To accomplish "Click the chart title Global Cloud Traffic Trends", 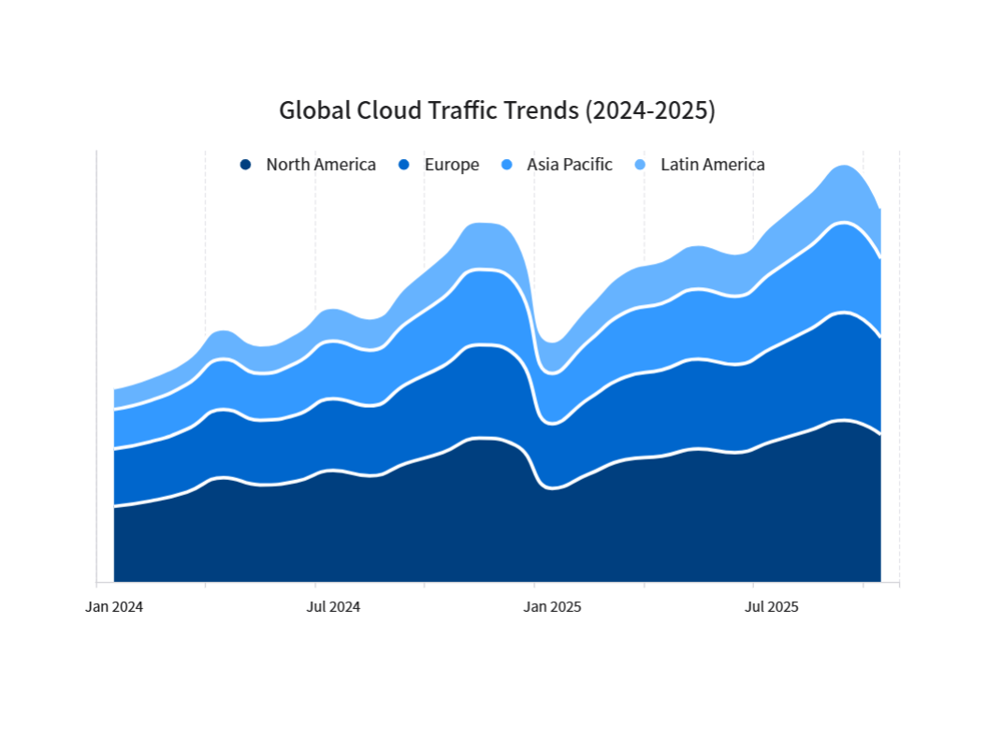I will pyautogui.click(x=497, y=110).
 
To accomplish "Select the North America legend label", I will pyautogui.click(x=321, y=165).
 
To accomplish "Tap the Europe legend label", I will pyautogui.click(x=451, y=165).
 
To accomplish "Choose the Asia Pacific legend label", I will pyautogui.click(x=569, y=165).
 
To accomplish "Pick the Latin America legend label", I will pyautogui.click(x=712, y=165).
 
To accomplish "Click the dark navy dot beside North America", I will pyautogui.click(x=245, y=165).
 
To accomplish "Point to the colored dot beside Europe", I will pyautogui.click(x=404, y=165).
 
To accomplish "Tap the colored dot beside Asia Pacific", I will pyautogui.click(x=506, y=165).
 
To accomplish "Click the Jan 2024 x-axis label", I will pyautogui.click(x=114, y=606).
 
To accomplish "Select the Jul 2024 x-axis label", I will pyautogui.click(x=333, y=606).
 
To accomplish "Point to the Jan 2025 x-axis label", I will pyautogui.click(x=552, y=606).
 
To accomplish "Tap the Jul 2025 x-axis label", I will pyautogui.click(x=771, y=606).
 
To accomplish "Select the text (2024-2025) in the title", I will pyautogui.click(x=649, y=110).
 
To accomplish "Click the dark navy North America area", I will pyautogui.click(x=468, y=524).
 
